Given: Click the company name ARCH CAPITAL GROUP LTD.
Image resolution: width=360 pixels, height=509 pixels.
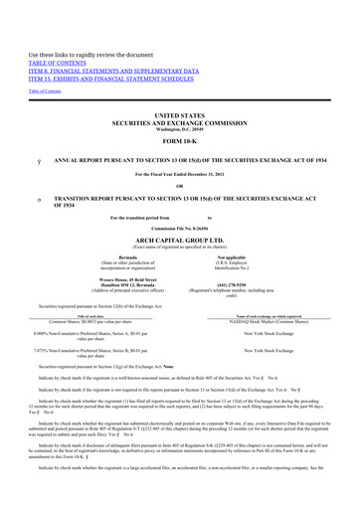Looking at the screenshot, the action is [180, 225].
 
